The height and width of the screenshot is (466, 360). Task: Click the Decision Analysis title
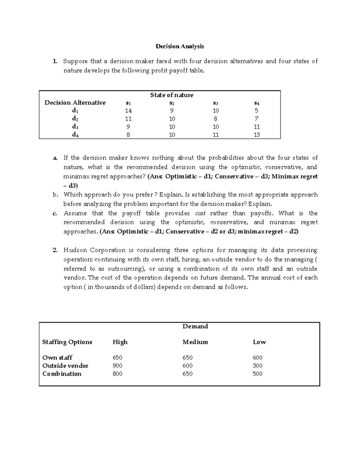pyautogui.click(x=180, y=46)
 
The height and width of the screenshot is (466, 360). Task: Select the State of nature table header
pyautogui.click(x=172, y=95)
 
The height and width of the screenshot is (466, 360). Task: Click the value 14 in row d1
pyautogui.click(x=128, y=111)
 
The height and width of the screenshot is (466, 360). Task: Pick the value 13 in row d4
pyautogui.click(x=257, y=135)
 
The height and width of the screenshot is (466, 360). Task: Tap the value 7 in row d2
pyautogui.click(x=257, y=119)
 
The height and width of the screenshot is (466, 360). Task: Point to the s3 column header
pyautogui.click(x=215, y=103)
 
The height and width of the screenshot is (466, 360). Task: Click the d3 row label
pyautogui.click(x=75, y=127)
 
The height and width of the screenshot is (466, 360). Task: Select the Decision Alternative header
pyautogui.click(x=75, y=103)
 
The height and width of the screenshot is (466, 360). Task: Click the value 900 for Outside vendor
pyautogui.click(x=117, y=365)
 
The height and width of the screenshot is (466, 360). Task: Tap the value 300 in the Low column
pyautogui.click(x=257, y=365)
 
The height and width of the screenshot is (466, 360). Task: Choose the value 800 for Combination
pyautogui.click(x=117, y=374)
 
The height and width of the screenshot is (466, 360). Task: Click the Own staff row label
pyautogui.click(x=57, y=357)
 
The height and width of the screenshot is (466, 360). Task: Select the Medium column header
pyautogui.click(x=195, y=342)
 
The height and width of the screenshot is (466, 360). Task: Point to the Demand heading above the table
pyautogui.click(x=195, y=326)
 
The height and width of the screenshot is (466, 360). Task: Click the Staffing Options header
pyautogui.click(x=67, y=342)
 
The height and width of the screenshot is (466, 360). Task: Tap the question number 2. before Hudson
pyautogui.click(x=55, y=250)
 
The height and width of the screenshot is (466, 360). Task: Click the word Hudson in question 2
pyautogui.click(x=75, y=250)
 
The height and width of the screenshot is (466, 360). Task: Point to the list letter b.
pyautogui.click(x=55, y=195)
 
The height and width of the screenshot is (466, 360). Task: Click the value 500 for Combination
pyautogui.click(x=257, y=374)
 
